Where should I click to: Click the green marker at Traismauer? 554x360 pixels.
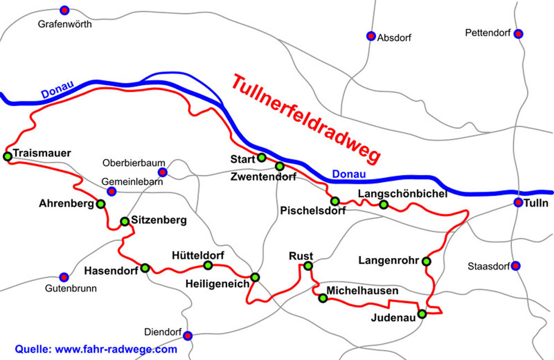8,157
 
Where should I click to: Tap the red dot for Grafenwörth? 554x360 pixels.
65,10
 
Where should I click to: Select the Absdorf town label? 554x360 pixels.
394,38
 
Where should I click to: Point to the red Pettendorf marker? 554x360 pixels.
518,34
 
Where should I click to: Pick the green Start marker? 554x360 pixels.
261,158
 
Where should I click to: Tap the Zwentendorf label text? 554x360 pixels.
264,177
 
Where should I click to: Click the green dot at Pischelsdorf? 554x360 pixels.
335,201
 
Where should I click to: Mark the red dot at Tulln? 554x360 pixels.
518,203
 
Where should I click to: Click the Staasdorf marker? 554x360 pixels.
516,266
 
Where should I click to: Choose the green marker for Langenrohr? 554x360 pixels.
426,261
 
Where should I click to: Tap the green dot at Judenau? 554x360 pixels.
422,314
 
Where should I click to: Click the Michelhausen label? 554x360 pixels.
362,290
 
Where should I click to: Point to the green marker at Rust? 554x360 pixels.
308,266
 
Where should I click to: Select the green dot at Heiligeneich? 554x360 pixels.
255,277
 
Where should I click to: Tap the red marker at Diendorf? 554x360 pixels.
188,335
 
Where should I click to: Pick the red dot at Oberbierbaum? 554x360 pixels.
162,172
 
